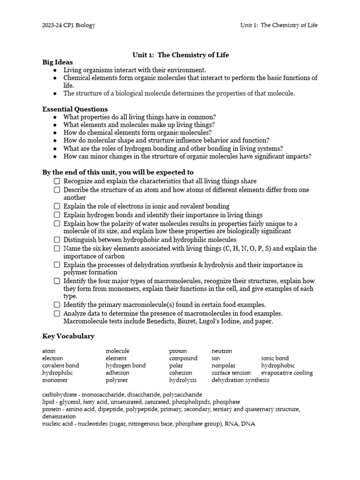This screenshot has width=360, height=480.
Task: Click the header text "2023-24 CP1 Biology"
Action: (x=68, y=25)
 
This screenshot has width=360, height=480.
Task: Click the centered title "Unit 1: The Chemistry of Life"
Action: (x=180, y=55)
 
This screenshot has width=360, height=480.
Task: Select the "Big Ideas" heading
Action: (x=58, y=62)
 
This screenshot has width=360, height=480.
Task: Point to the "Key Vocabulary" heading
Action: (x=68, y=336)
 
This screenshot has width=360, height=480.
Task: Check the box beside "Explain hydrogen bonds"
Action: (x=57, y=215)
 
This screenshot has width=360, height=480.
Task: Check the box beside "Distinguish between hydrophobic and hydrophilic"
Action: (x=57, y=240)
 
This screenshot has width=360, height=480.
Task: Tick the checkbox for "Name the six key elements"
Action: (x=57, y=248)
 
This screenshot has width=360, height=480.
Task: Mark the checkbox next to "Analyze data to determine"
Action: (x=57, y=313)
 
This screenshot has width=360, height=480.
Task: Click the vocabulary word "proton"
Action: (x=178, y=351)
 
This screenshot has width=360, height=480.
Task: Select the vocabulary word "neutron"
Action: (x=222, y=351)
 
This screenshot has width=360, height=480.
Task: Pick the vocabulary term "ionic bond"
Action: (x=275, y=358)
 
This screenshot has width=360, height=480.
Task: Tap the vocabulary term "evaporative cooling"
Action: (x=287, y=373)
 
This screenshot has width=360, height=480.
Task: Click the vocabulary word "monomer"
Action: (x=55, y=380)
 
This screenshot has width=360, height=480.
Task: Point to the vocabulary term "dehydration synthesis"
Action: (x=240, y=380)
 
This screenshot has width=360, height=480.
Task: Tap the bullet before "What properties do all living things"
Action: (x=55, y=117)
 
